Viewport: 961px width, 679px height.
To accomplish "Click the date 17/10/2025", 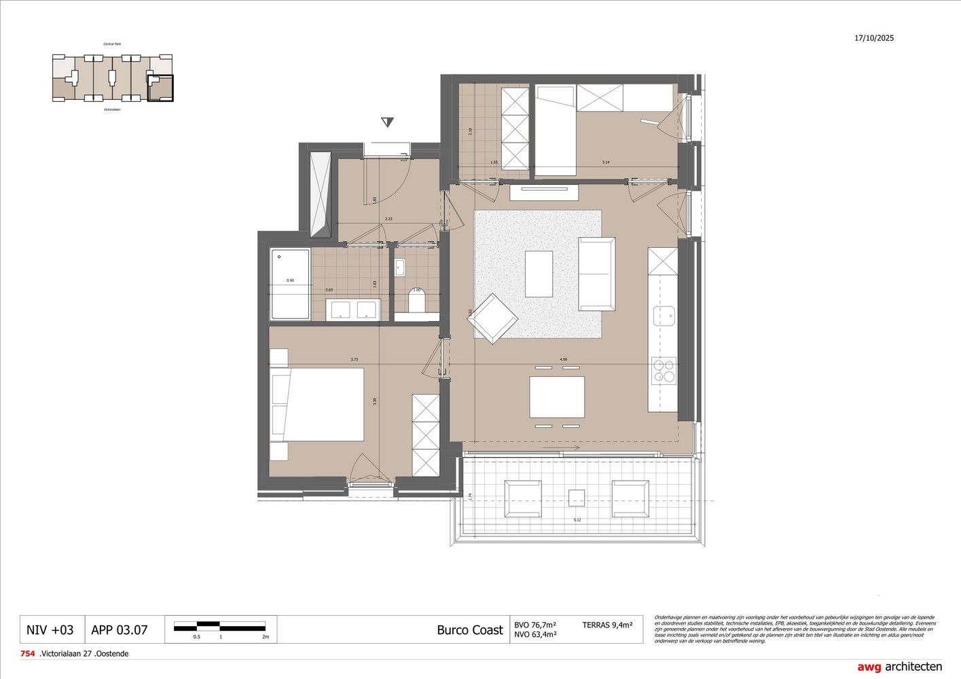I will [x=874, y=39].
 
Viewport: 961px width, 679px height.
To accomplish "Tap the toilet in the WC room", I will [x=416, y=300].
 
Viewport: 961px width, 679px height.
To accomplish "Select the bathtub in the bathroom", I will [x=290, y=285].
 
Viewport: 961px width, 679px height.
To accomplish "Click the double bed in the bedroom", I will [x=317, y=405].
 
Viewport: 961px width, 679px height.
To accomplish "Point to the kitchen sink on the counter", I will [x=664, y=316].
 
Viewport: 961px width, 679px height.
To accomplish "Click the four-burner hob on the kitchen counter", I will [x=663, y=371].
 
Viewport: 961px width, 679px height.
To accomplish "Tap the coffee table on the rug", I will [x=539, y=274].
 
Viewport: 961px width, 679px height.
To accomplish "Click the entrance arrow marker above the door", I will [x=387, y=122].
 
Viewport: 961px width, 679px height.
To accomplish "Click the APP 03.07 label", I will [x=119, y=629].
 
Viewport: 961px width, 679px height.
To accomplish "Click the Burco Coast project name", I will [x=469, y=629].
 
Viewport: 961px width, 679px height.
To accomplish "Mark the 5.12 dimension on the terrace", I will [x=577, y=520].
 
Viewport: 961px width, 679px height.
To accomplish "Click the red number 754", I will [x=27, y=654].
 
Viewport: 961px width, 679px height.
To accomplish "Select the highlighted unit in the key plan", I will [x=160, y=88].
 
